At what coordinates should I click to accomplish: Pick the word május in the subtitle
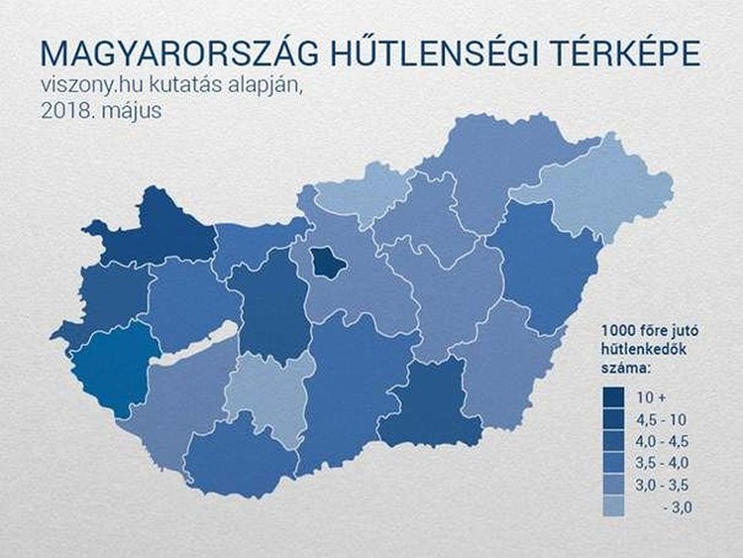coord(132,111)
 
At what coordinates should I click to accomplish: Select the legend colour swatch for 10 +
coord(614,397)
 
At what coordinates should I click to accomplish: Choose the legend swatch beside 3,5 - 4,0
coord(614,463)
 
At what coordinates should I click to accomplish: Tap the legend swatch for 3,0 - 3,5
coord(614,485)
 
